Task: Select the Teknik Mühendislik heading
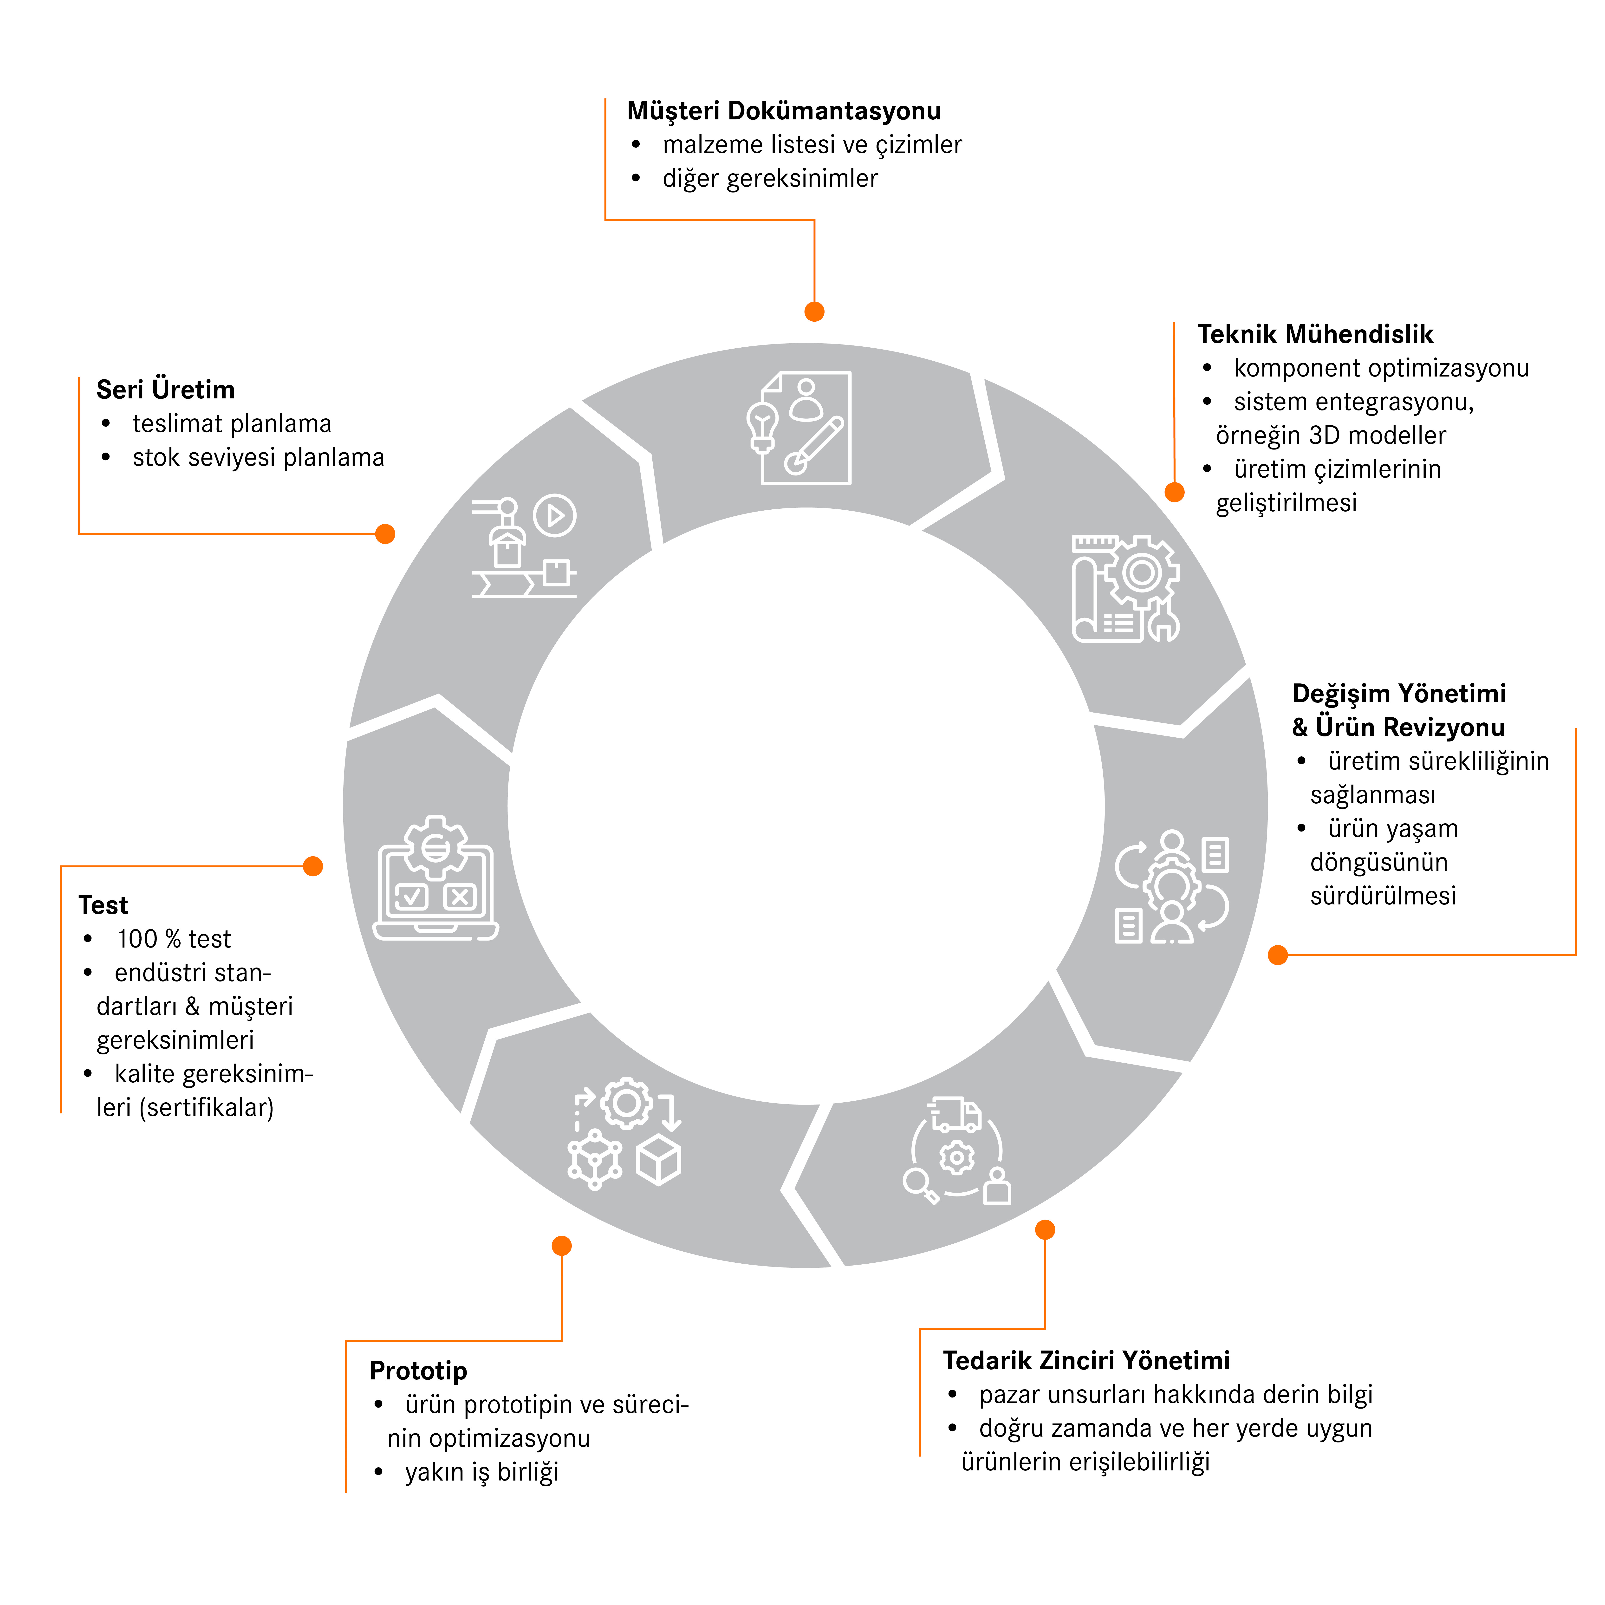click(1315, 334)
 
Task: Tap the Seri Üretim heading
click(165, 390)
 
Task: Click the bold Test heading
click(103, 905)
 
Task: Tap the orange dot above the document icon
click(814, 312)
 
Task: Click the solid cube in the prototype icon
click(659, 1160)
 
